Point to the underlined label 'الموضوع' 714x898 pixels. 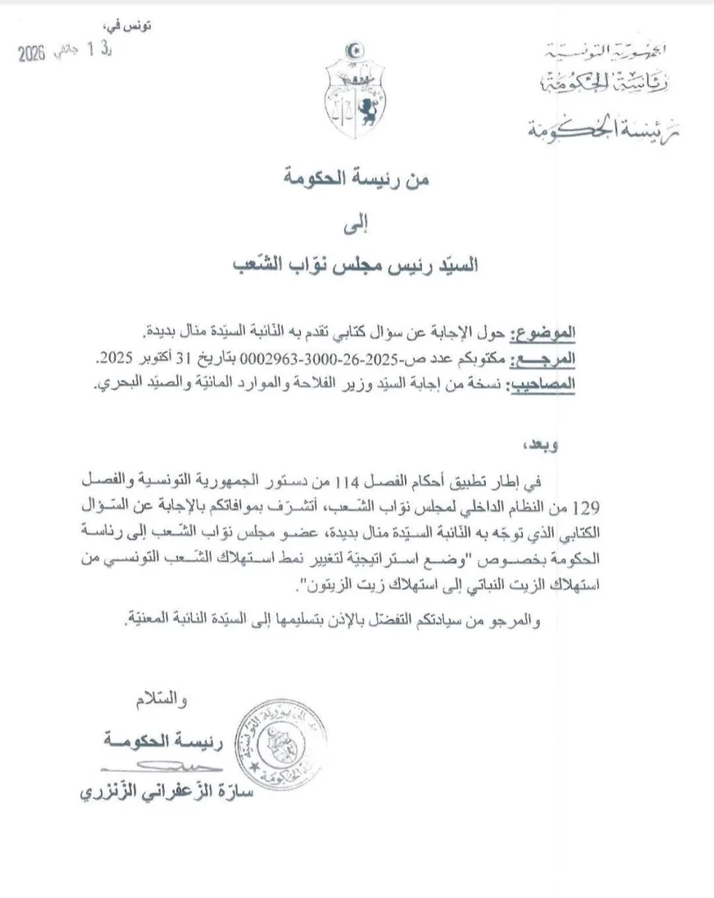549,334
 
